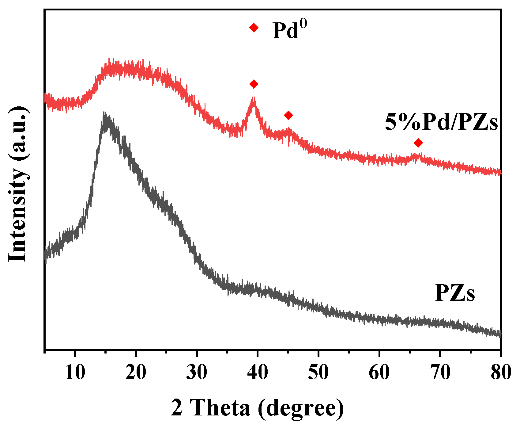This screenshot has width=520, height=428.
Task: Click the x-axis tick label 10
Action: [75, 373]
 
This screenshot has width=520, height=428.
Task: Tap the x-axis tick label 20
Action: [136, 373]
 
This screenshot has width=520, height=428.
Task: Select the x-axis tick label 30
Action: [197, 373]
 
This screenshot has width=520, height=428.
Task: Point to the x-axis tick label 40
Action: [258, 373]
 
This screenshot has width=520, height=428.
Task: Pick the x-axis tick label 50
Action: [318, 373]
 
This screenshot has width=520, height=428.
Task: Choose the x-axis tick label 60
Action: [379, 373]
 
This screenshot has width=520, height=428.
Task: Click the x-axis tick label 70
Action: [440, 373]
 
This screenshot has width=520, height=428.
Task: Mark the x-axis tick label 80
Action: [500, 373]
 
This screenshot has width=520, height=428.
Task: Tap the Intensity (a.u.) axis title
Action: [18, 184]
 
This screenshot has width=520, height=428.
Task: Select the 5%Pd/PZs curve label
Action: [441, 122]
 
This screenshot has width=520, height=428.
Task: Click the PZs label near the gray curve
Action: [455, 293]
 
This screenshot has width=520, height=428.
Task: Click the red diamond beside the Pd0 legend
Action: [254, 28]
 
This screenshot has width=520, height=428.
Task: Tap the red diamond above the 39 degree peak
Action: [254, 84]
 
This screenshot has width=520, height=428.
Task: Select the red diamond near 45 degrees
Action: [288, 115]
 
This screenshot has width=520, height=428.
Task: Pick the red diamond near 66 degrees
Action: [418, 143]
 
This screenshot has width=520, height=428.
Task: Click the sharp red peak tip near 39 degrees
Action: [253, 99]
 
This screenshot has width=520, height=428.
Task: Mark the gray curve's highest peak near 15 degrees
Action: [105, 114]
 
